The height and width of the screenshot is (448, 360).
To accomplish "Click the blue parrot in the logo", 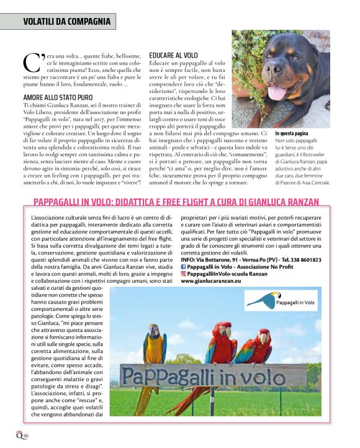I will (x=262, y=300).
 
